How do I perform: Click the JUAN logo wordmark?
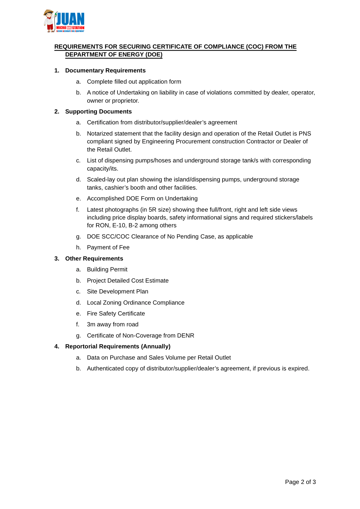coord(70,19)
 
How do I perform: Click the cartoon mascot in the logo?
coord(49,21)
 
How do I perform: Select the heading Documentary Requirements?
coord(105,71)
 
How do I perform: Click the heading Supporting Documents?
coord(98,112)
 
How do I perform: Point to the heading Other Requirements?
coord(94,259)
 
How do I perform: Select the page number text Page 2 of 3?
coord(300,482)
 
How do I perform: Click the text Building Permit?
coord(107,270)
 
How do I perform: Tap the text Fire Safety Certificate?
coord(116,314)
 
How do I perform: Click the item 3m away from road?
coord(112,325)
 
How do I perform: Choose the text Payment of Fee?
coord(108,248)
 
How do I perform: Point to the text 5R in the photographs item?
coord(152,210)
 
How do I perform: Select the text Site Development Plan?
coord(117,292)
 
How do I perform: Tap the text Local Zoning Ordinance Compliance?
coord(136,303)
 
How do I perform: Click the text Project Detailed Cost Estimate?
coord(127,281)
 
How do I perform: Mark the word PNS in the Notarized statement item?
coord(305,134)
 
